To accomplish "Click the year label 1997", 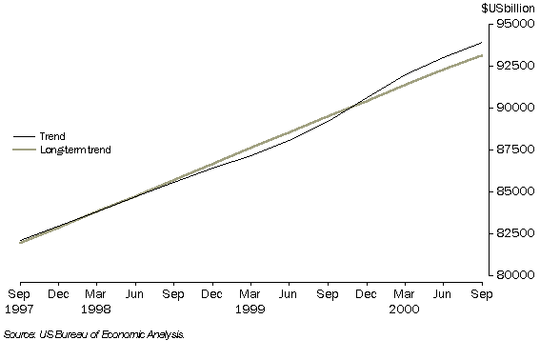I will [19, 309].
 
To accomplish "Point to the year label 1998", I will [96, 309].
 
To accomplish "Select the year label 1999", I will [250, 309].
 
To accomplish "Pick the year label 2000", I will [406, 309].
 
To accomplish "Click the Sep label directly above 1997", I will [19, 295].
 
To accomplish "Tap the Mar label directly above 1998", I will [96, 295].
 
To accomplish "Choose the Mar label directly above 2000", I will [406, 295].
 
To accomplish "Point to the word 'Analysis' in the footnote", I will [164, 335].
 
